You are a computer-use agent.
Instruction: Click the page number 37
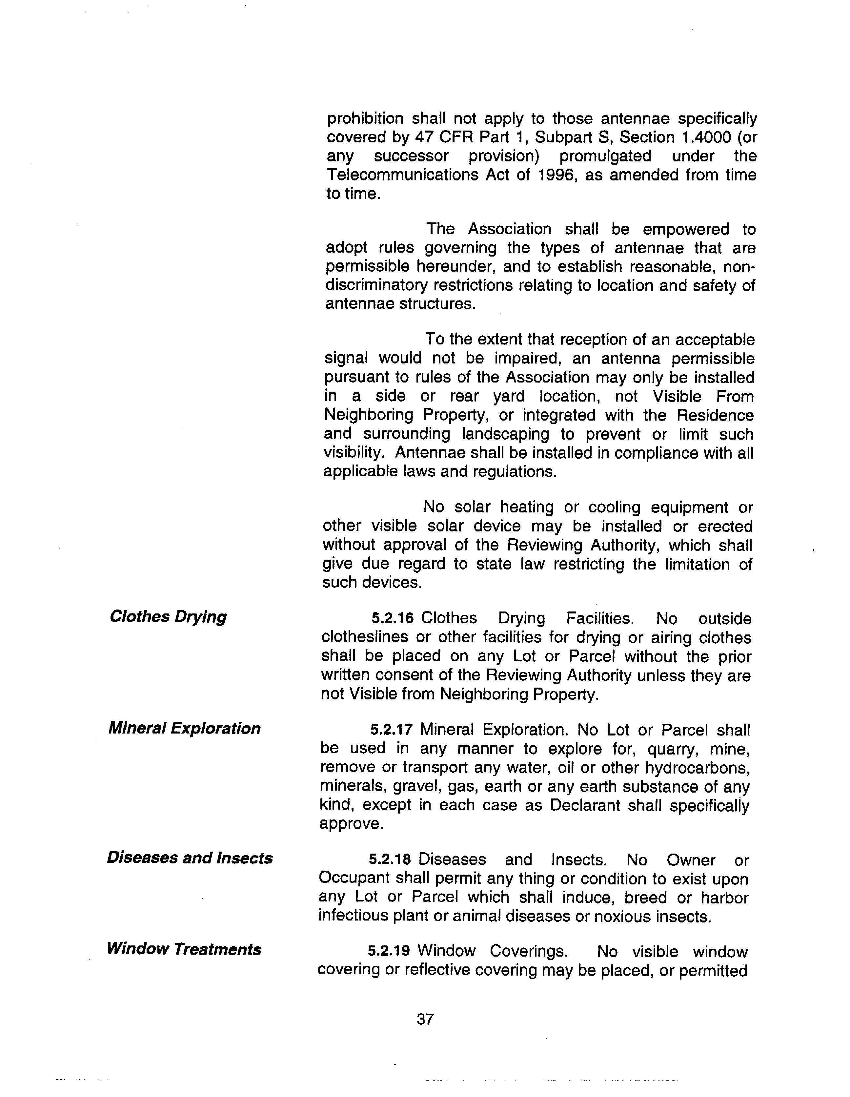click(x=425, y=1019)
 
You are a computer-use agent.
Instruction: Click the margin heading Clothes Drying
click(x=168, y=617)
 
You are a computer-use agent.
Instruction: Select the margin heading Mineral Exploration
click(x=184, y=728)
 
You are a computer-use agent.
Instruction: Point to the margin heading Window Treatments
click(x=184, y=949)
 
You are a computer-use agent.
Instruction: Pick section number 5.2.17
click(x=391, y=729)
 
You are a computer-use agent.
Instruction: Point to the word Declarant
click(x=582, y=805)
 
